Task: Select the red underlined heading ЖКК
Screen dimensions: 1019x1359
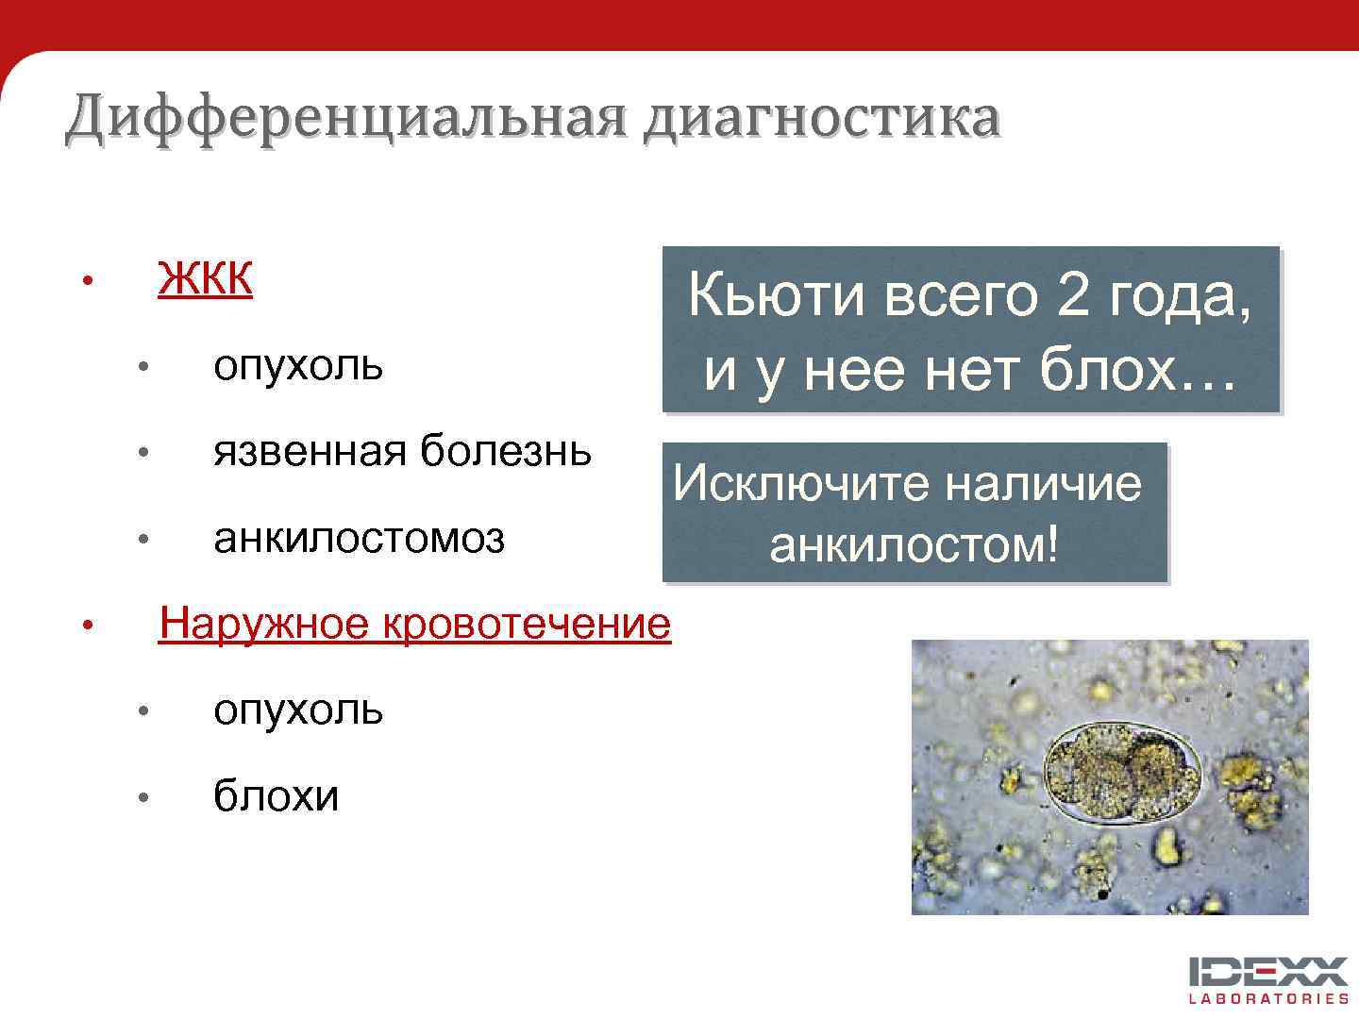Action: (205, 278)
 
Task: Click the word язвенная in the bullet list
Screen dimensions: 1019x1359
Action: (311, 451)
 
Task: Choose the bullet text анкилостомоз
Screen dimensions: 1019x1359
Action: (359, 539)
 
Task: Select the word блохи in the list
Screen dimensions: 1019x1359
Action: (276, 796)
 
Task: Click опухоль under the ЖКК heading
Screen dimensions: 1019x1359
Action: (298, 365)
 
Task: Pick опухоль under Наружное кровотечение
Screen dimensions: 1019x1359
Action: (298, 710)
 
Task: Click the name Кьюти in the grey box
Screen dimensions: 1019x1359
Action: (776, 296)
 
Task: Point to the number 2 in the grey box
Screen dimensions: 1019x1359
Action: (1074, 296)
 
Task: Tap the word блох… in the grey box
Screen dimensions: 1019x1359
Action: (1137, 371)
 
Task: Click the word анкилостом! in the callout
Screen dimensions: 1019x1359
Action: (914, 544)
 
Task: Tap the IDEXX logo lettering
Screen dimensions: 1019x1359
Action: (1268, 972)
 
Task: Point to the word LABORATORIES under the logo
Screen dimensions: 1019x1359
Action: (1268, 998)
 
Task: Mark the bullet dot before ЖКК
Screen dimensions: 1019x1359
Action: (86, 281)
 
